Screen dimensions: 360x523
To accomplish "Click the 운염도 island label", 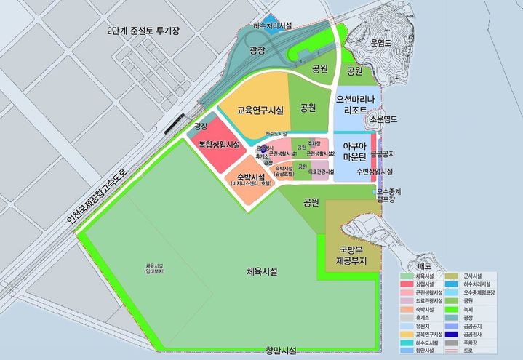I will (382, 43).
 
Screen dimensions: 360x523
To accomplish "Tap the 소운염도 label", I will (384, 119).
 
